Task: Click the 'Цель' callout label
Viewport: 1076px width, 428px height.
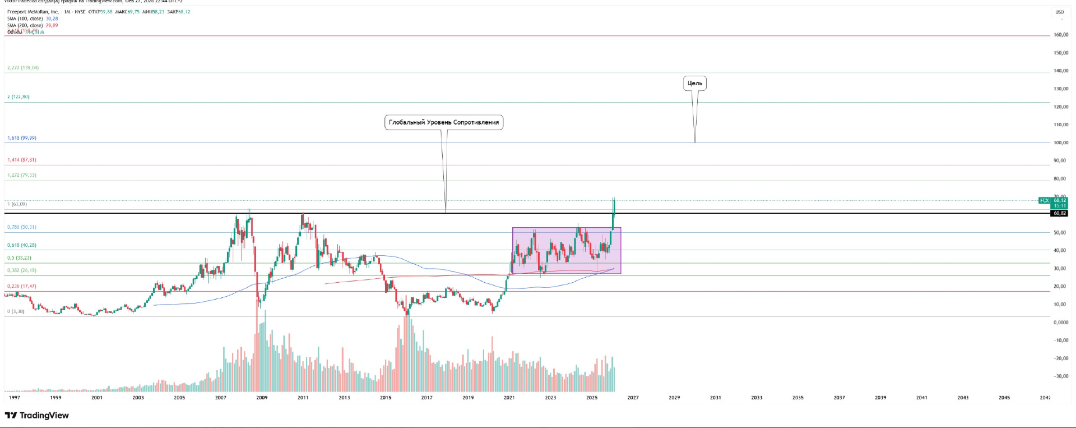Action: point(694,84)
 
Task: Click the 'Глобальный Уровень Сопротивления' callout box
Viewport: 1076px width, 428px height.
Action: point(443,122)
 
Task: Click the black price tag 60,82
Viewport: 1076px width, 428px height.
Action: point(1059,213)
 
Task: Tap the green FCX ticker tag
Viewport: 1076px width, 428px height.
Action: point(1044,200)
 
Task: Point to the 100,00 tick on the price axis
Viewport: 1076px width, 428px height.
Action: point(1060,142)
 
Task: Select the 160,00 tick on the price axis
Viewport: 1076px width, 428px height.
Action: point(1060,35)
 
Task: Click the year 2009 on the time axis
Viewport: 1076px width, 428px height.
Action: point(262,398)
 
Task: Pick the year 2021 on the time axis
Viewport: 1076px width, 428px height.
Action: point(509,398)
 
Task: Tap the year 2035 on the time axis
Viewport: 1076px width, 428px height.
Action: point(797,398)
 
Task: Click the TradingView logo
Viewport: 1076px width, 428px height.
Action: point(37,416)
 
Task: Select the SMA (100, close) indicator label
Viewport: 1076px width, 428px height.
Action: point(25,19)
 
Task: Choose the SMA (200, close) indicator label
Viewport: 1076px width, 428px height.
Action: point(25,25)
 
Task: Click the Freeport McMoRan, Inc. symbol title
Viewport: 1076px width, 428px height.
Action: point(33,12)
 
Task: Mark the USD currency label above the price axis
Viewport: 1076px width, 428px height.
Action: point(1059,12)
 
